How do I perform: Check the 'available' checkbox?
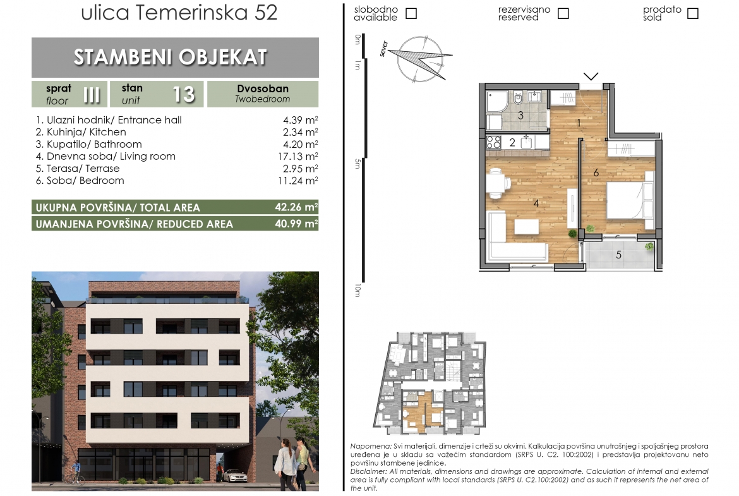click(x=411, y=13)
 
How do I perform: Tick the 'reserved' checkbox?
click(x=563, y=13)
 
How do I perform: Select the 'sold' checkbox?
click(x=693, y=13)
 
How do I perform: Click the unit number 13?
click(x=184, y=94)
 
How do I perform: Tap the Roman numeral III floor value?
click(x=92, y=95)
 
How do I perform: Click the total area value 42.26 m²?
click(x=296, y=207)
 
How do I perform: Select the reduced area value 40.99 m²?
click(x=296, y=224)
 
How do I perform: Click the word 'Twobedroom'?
click(x=263, y=99)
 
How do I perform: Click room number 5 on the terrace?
click(x=619, y=255)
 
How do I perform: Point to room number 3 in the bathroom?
click(x=521, y=115)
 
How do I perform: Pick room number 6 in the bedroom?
click(x=596, y=173)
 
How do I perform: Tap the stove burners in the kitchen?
click(x=493, y=142)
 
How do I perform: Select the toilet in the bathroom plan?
click(x=518, y=98)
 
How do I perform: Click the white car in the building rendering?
click(x=235, y=475)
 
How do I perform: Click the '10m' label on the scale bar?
click(x=357, y=291)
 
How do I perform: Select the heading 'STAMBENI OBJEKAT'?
click(x=170, y=57)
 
